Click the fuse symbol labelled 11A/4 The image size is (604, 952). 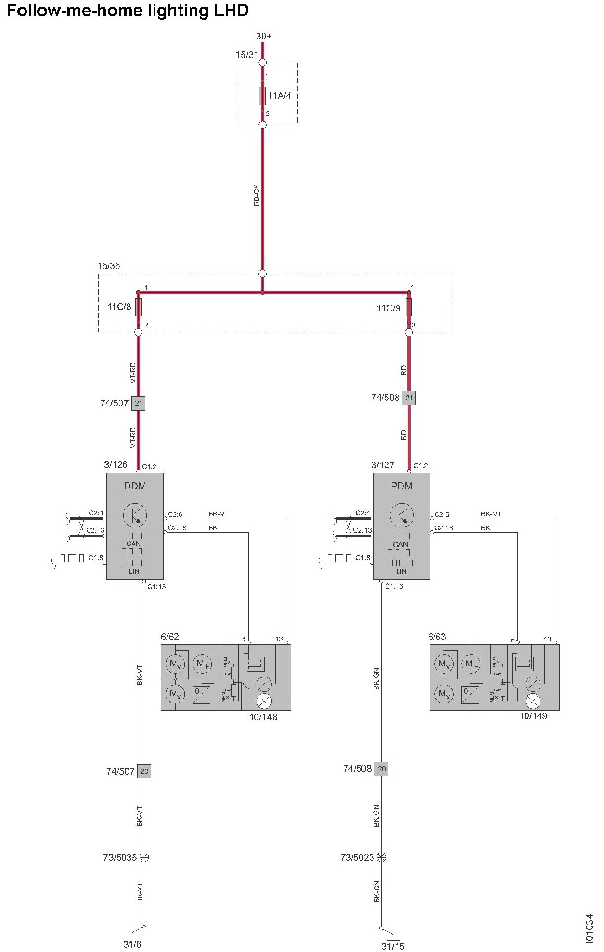tap(262, 96)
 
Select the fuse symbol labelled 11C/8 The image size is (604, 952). tap(139, 307)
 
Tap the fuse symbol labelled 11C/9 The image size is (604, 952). tap(409, 307)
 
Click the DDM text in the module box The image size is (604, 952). tap(135, 486)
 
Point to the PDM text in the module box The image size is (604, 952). tap(401, 486)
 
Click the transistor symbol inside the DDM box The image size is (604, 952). tap(135, 515)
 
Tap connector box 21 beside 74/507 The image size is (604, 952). tap(139, 403)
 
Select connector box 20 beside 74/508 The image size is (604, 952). tap(381, 769)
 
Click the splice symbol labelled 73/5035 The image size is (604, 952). tap(144, 857)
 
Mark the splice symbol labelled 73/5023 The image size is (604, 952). tap(381, 857)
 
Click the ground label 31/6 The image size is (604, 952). tap(132, 944)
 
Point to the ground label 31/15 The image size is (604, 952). tap(393, 946)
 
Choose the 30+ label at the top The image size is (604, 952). tap(264, 36)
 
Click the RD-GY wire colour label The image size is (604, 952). tap(257, 196)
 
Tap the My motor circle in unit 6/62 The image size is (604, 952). tap(175, 665)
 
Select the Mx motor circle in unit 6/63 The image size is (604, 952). tap(444, 694)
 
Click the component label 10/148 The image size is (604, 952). tap(263, 717)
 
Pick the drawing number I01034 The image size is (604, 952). tap(590, 928)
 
